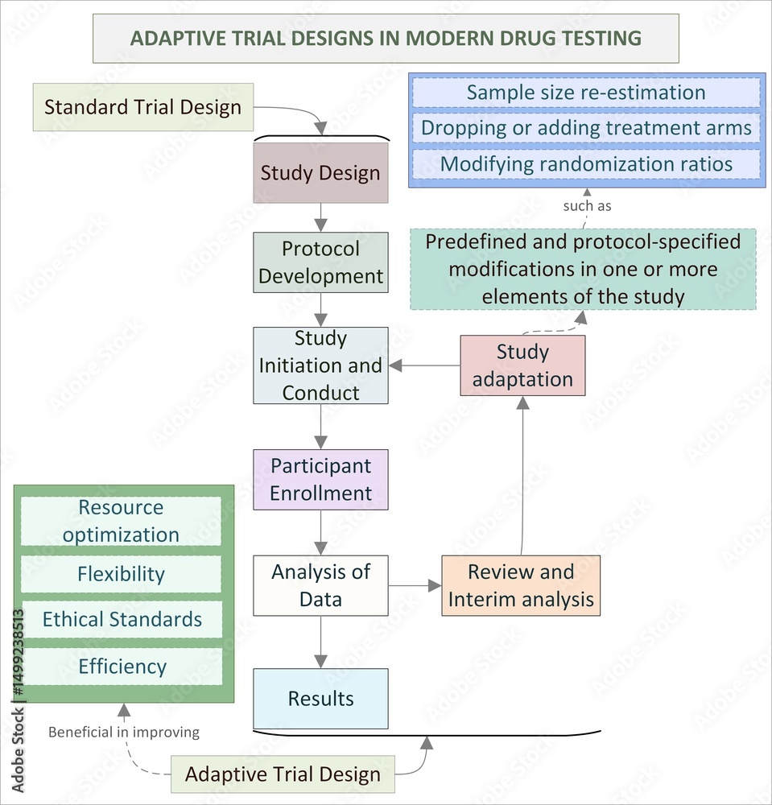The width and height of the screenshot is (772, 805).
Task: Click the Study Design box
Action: [320, 173]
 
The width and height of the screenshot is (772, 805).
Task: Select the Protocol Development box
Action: [320, 262]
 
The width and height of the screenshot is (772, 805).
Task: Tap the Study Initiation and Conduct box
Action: [320, 365]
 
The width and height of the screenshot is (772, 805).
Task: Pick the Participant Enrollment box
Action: [320, 480]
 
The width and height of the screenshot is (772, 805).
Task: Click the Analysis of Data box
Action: [320, 585]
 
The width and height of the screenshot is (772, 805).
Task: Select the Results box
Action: [320, 698]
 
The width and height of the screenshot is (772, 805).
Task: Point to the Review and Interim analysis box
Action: [521, 586]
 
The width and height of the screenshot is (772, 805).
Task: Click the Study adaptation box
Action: [522, 365]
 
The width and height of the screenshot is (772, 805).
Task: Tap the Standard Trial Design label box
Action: [142, 107]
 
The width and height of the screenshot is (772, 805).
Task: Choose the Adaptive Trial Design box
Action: [283, 774]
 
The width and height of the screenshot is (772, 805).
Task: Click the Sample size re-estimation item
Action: [585, 93]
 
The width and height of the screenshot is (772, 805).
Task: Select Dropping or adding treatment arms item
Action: [585, 128]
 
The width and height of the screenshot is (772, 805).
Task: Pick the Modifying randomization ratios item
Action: [585, 164]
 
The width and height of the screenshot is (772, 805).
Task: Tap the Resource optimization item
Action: [121, 521]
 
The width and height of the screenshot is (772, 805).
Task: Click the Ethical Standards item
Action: [121, 619]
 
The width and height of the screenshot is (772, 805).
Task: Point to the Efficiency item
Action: [121, 667]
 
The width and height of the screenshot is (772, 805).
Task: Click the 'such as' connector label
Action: [587, 206]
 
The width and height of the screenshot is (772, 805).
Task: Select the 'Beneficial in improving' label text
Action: [123, 733]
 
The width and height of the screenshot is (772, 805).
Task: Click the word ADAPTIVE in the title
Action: [171, 38]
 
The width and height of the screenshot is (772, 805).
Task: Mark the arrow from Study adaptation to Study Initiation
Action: [425, 365]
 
